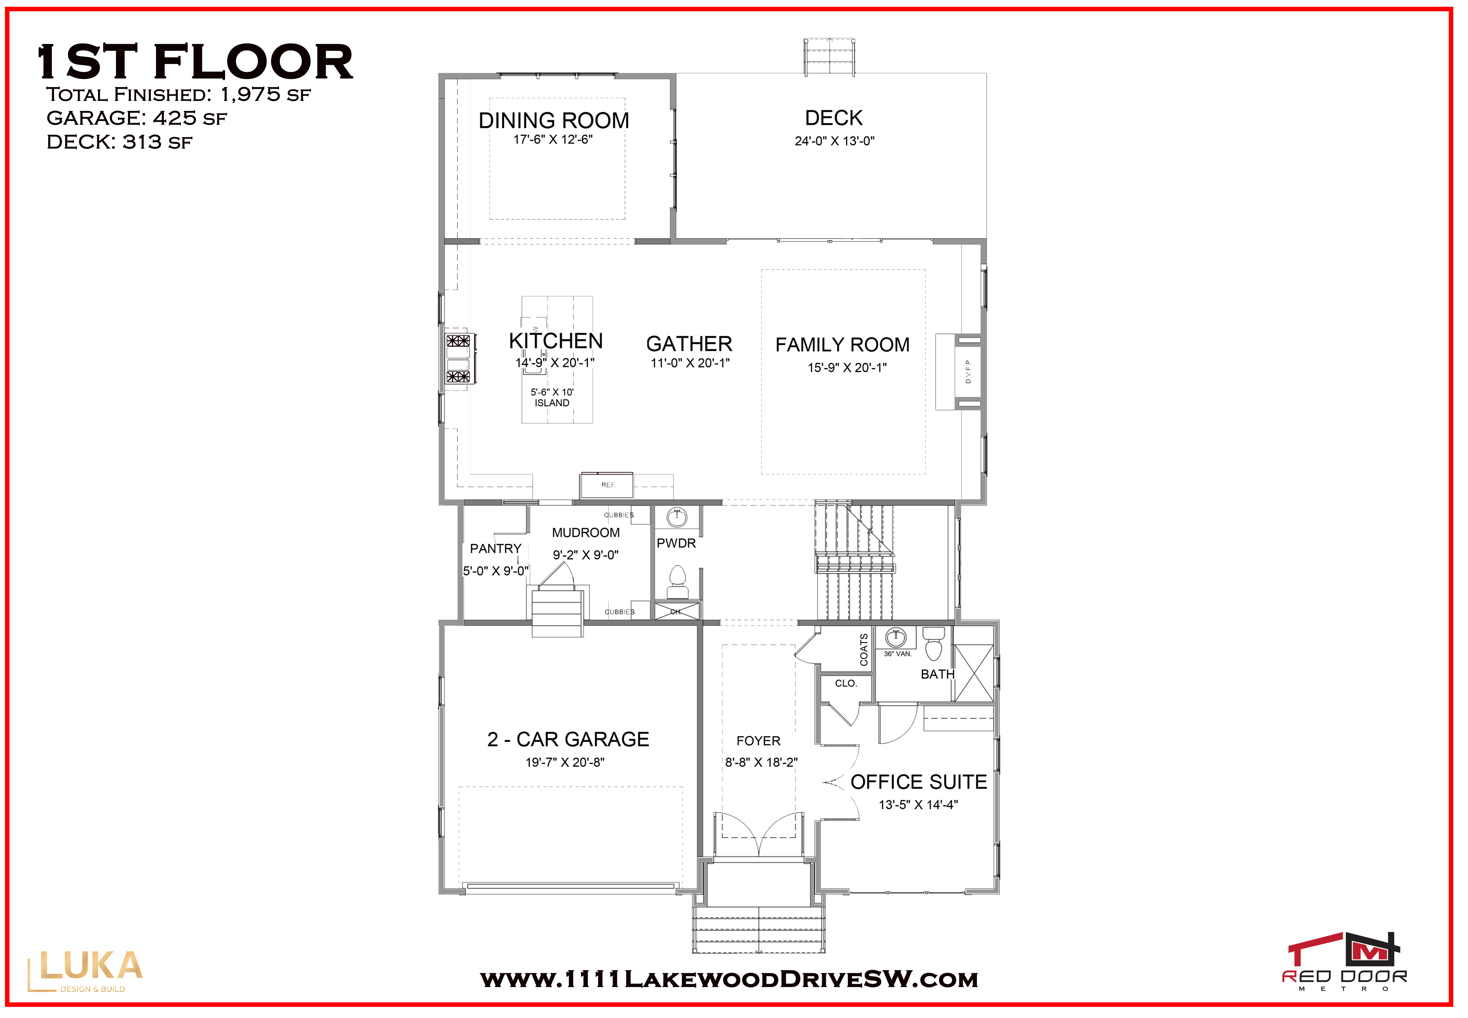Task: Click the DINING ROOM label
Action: coord(553,121)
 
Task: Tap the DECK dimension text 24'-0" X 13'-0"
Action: coord(834,141)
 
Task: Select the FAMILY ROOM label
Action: coord(843,344)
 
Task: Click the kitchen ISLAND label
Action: coord(552,403)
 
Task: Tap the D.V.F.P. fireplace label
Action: coord(968,371)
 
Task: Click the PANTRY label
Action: coord(495,549)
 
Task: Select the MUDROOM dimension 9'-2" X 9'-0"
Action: coord(585,555)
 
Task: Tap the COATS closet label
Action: coord(864,649)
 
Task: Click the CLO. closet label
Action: coord(846,683)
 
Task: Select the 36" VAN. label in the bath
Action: coord(897,654)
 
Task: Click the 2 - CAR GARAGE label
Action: coord(568,739)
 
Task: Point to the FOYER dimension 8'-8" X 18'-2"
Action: coord(761,762)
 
